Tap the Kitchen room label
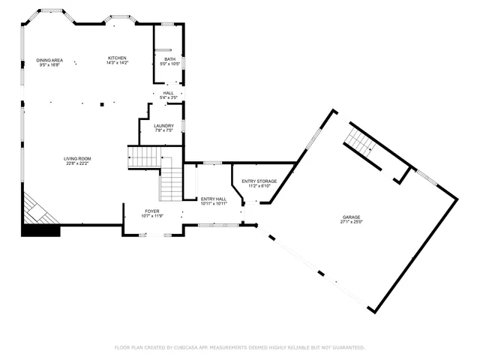pos(117,58)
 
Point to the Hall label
pos(169,93)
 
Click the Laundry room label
pos(163,125)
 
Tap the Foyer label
pos(152,211)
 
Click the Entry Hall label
pos(214,198)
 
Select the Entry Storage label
pos(259,181)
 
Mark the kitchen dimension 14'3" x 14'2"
pos(117,63)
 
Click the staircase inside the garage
pos(360,140)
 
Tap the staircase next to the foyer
pos(172,183)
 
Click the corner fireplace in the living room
pos(38,209)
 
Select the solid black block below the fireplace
pos(40,229)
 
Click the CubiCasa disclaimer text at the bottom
pos(239,347)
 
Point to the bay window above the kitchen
pos(119,18)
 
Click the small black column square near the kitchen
pos(101,105)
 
